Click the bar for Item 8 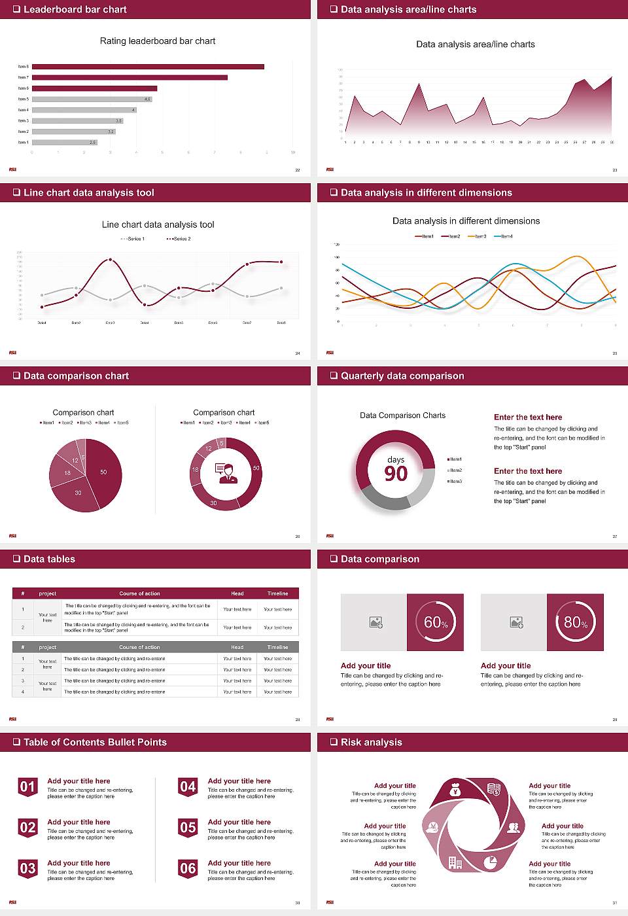coord(148,67)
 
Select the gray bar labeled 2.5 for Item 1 coord(64,142)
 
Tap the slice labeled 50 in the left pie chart coord(104,472)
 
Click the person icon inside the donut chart coord(226,472)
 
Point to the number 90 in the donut coord(396,474)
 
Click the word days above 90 coord(396,459)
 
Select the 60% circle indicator coord(436,622)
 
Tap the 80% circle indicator coord(576,622)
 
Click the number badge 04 coord(188,786)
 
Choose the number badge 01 coord(27,786)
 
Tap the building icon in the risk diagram coord(455,863)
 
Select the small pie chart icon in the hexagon coord(490,862)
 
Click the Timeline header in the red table coord(277,593)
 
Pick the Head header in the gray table coord(237,647)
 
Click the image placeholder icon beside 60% coord(376,622)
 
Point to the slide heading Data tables coord(49,559)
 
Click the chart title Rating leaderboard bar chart coord(158,41)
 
